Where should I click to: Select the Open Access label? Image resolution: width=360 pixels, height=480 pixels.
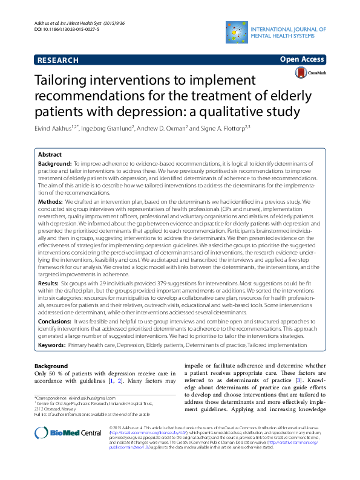(301, 60)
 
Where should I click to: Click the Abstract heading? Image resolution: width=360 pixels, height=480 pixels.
(50, 155)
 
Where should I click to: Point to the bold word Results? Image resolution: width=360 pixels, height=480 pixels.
(48, 282)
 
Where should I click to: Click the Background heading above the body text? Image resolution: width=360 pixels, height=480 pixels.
(51, 366)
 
